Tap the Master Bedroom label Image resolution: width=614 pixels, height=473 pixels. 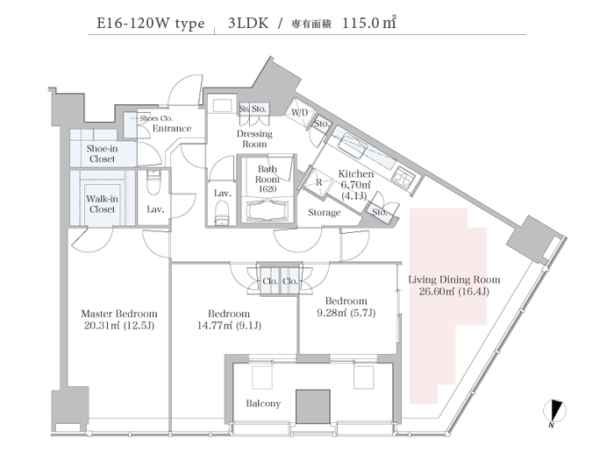pyautogui.click(x=118, y=320)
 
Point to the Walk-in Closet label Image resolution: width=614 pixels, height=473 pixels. pyautogui.click(x=102, y=204)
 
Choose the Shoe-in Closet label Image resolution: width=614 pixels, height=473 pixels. pyautogui.click(x=102, y=154)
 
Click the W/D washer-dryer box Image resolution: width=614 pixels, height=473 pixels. pyautogui.click(x=300, y=113)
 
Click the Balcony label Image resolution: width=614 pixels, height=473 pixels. pyautogui.click(x=263, y=404)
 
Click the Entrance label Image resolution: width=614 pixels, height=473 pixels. pyautogui.click(x=172, y=129)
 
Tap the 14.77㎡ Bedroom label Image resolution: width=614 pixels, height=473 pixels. pyautogui.click(x=229, y=320)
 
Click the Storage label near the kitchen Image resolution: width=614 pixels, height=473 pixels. pyautogui.click(x=325, y=213)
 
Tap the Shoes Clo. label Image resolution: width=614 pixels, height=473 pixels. pyautogui.click(x=156, y=117)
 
